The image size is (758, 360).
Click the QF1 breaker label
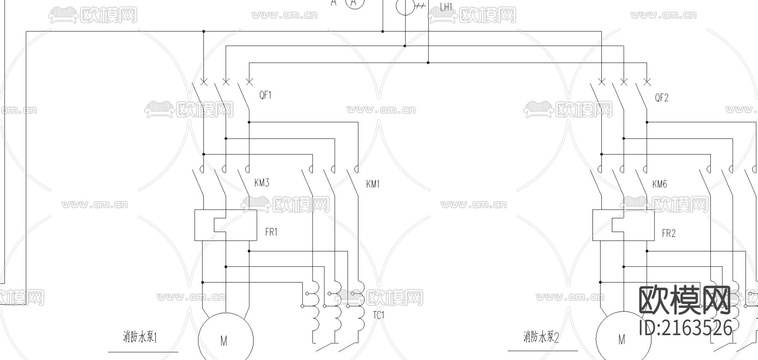(x=265, y=95)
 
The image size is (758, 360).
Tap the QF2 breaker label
(x=662, y=98)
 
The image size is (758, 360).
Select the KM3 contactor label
(x=262, y=183)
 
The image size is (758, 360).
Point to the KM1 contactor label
(x=373, y=184)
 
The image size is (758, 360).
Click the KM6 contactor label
(x=659, y=184)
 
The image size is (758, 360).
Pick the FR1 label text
(x=271, y=232)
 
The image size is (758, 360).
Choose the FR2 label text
(x=669, y=233)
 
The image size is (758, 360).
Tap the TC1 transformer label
(x=379, y=315)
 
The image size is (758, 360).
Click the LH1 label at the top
(x=446, y=7)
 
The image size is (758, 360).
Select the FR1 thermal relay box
(x=225, y=225)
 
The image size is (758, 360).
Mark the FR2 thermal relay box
(x=623, y=225)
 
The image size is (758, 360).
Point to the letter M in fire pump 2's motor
(x=622, y=339)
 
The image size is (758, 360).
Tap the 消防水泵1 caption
(x=140, y=337)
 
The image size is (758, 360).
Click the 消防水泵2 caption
(x=541, y=337)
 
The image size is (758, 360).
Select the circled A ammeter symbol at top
(x=355, y=3)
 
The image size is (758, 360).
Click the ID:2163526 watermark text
(x=685, y=328)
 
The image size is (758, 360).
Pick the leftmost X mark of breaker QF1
(x=203, y=82)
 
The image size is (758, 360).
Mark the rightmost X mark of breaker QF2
(x=647, y=82)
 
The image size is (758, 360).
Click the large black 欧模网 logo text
(x=684, y=300)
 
